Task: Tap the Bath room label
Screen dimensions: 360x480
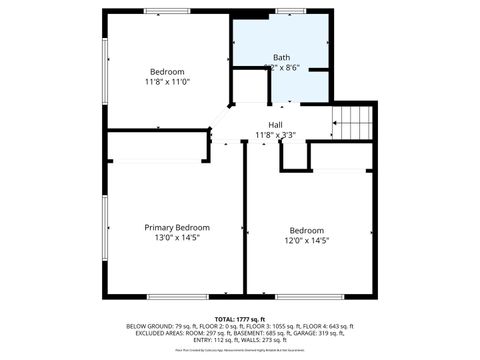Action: click(282, 57)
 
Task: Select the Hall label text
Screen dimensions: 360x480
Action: click(275, 124)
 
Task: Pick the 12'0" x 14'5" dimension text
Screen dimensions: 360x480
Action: click(308, 240)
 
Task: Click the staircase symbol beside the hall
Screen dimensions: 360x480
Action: click(353, 123)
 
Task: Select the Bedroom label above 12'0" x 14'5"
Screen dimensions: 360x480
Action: click(307, 230)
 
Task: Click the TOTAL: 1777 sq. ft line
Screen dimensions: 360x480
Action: click(240, 318)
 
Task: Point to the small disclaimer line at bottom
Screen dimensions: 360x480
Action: click(240, 350)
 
